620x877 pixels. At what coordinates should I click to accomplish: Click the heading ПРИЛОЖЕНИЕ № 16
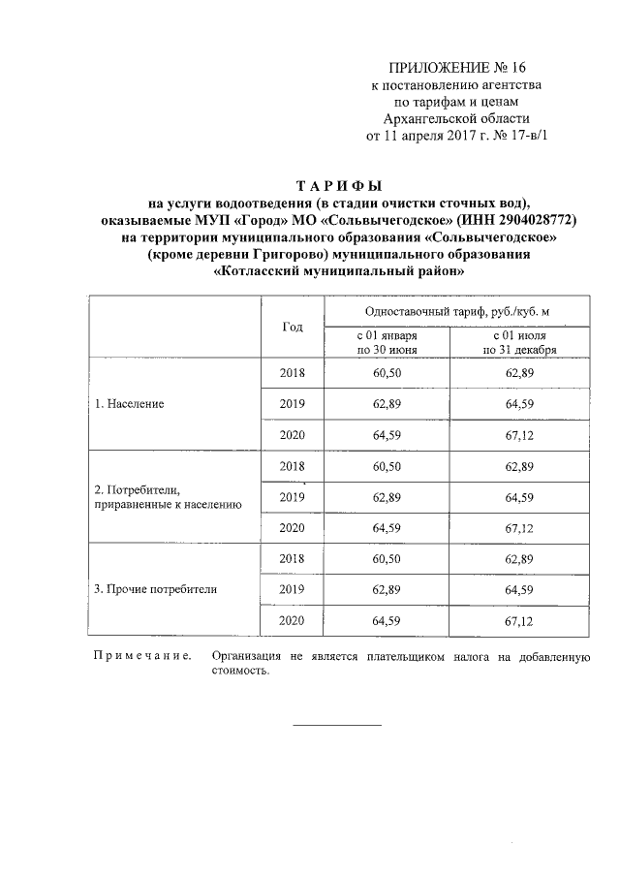pos(455,68)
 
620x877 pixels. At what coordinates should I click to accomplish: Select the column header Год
pos(293,327)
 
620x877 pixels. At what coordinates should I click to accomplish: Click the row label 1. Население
pos(129,403)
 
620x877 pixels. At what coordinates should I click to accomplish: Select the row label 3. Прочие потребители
pos(155,588)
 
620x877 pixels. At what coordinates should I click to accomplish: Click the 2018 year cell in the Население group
pos(293,373)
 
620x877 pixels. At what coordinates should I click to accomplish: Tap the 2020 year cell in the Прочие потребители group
pos(293,619)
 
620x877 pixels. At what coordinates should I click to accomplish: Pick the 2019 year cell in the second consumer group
pos(293,496)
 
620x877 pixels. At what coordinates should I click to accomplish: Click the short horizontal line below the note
pos(337,725)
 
